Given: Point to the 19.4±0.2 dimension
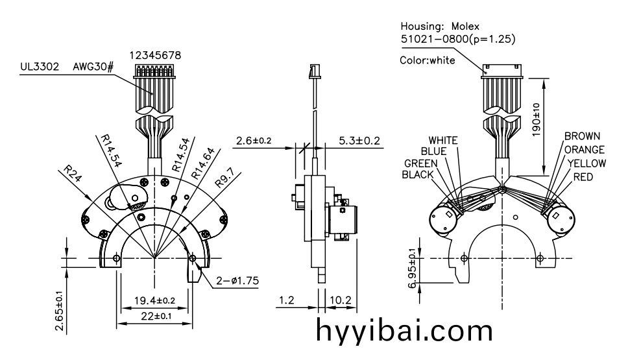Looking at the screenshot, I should tap(153, 301).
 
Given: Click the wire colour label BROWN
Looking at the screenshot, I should tap(582, 136).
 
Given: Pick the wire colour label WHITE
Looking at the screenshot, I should tap(443, 140).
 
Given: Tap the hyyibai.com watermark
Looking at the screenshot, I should tap(405, 331).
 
